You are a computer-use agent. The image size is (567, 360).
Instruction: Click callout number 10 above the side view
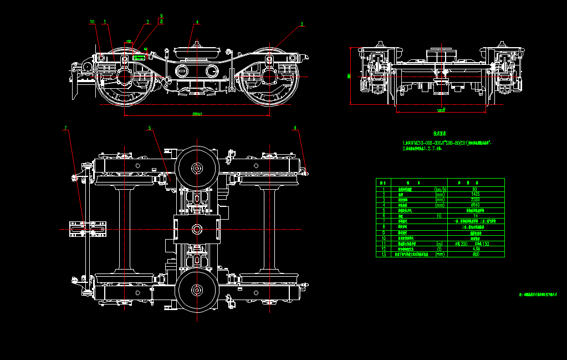92,22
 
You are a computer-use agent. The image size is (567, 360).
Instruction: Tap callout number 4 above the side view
197,22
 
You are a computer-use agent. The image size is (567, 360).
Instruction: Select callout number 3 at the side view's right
302,24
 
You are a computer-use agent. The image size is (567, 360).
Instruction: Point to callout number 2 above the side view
148,22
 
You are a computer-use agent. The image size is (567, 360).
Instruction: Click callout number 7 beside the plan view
65,128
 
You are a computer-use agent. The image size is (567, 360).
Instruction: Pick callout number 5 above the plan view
149,128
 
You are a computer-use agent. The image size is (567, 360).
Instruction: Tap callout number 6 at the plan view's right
295,128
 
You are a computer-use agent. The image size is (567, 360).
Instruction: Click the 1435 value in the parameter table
475,195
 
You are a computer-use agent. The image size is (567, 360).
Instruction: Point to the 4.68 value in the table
475,249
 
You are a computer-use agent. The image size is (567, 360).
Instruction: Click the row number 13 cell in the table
383,255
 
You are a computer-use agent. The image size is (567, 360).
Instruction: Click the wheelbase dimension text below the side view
197,114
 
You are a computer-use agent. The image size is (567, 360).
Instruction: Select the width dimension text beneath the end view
441,111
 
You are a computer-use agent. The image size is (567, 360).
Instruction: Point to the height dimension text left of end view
349,75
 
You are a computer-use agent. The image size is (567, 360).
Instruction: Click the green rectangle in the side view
138,57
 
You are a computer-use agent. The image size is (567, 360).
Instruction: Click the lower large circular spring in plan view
196,289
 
